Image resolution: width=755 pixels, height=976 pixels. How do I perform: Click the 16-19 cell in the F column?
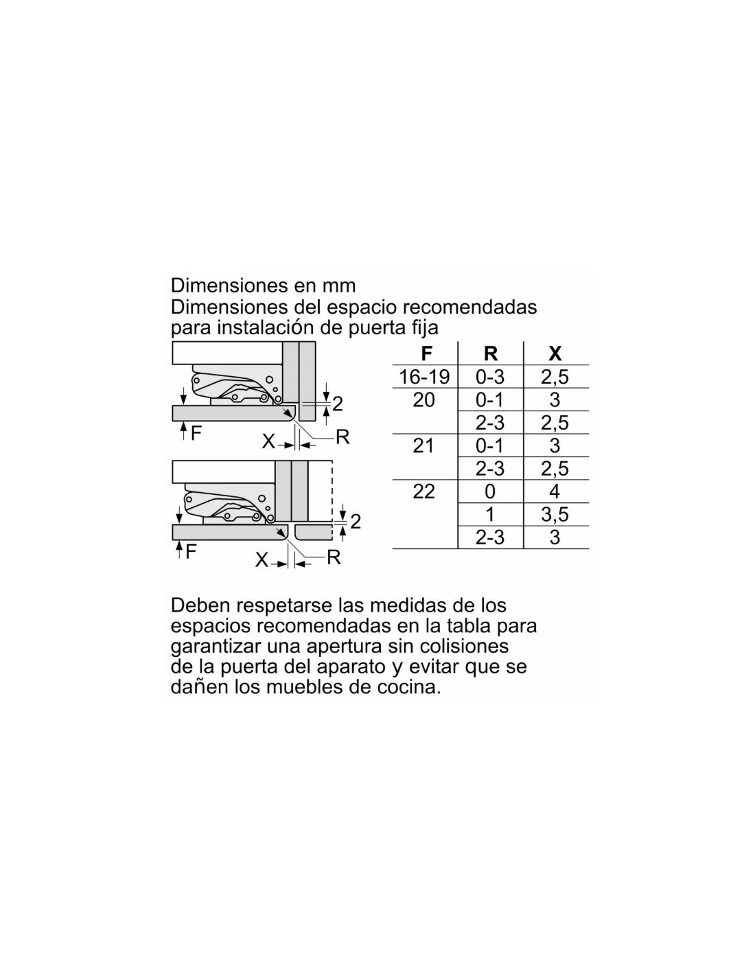(x=424, y=376)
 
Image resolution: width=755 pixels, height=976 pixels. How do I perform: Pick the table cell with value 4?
(x=555, y=491)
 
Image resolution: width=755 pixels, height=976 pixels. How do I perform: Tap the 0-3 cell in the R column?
(x=490, y=376)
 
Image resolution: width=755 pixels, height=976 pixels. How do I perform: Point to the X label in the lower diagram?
(x=262, y=560)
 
